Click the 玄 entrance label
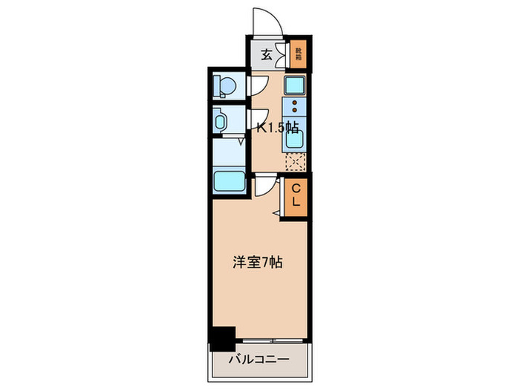pos(265,53)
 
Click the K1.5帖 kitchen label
pos(277,127)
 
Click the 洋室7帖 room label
pos(257,261)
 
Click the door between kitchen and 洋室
pos(266,186)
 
